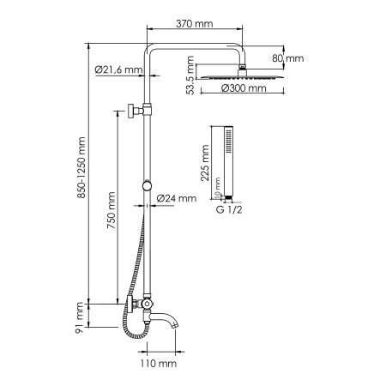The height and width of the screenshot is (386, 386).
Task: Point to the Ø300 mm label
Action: [242, 88]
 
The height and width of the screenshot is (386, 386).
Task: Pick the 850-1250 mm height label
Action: [82, 172]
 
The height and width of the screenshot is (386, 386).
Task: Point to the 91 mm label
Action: [80, 317]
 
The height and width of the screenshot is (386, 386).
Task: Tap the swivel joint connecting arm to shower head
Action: [243, 68]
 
